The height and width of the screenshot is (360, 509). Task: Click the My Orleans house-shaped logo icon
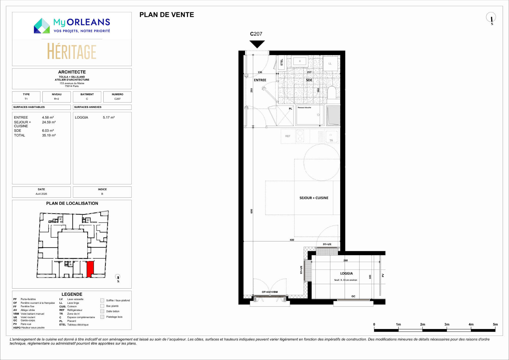[x=42, y=26]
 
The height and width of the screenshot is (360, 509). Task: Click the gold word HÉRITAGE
[x=72, y=51]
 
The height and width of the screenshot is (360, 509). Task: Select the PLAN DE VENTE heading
[x=167, y=15]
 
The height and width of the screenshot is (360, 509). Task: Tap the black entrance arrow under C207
[x=257, y=44]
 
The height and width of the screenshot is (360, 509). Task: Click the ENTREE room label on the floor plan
[x=260, y=80]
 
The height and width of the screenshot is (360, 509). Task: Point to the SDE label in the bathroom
[x=309, y=80]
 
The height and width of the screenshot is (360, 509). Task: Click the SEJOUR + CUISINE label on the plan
[x=314, y=198]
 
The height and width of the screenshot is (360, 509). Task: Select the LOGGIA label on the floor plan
[x=346, y=273]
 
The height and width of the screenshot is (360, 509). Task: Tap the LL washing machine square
[x=330, y=63]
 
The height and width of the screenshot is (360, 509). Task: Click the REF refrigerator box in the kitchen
[x=288, y=136]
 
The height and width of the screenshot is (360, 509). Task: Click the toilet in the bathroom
[x=332, y=93]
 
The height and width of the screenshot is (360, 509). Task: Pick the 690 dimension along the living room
[x=252, y=211]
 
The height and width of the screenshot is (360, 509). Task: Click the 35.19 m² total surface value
[x=49, y=135]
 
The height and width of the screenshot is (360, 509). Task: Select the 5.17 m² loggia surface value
[x=109, y=118]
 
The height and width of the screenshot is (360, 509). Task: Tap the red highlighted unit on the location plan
[x=90, y=269]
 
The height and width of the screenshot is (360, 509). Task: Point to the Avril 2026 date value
[x=41, y=194]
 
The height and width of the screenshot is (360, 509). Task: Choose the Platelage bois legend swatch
[x=102, y=317]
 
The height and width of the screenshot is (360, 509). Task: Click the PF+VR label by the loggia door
[x=327, y=245]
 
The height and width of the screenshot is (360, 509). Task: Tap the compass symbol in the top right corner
[x=491, y=18]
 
